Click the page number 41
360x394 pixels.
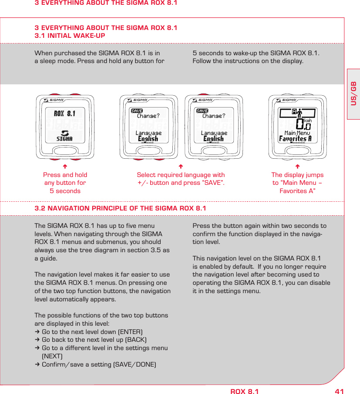coord(339,391)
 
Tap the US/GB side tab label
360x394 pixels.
coord(353,93)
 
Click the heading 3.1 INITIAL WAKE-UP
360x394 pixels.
coord(70,36)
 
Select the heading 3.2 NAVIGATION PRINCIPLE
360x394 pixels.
coord(120,208)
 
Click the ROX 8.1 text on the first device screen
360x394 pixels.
coord(64,114)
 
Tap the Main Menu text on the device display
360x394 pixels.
coord(297,133)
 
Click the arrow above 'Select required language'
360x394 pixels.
coord(181,166)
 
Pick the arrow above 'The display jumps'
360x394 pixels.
coord(297,166)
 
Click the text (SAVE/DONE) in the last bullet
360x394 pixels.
coord(135,364)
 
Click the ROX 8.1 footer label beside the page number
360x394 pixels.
coord(244,391)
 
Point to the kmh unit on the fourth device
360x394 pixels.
coord(307,120)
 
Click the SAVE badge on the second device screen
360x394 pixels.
coord(137,111)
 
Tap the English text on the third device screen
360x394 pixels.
coord(213,139)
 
